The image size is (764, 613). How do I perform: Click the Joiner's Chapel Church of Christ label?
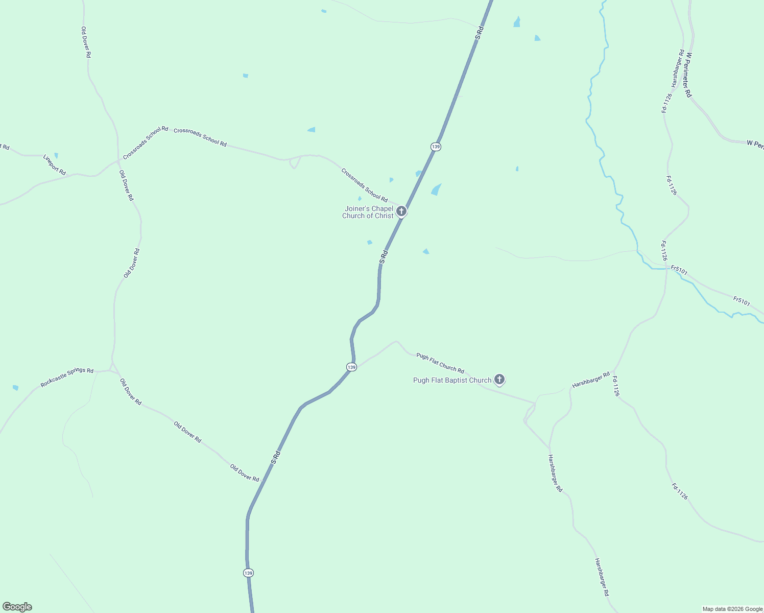[x=368, y=212]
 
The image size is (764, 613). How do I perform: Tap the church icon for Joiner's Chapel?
[x=401, y=211]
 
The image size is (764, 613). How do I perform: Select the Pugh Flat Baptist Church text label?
[x=452, y=380]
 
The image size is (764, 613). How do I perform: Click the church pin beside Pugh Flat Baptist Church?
[x=499, y=380]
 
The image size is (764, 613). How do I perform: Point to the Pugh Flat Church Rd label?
[x=440, y=363]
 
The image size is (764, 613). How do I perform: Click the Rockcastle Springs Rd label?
[x=67, y=378]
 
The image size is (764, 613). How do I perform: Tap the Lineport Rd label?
[x=55, y=164]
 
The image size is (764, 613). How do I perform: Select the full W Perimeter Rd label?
[x=688, y=75]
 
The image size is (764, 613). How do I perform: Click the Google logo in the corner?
[x=17, y=607]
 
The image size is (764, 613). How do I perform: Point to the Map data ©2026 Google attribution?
[x=732, y=609]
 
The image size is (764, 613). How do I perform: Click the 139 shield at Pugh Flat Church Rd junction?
[x=351, y=367]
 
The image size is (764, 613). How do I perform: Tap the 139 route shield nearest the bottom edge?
[x=248, y=573]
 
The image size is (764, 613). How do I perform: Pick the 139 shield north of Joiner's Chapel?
[x=436, y=147]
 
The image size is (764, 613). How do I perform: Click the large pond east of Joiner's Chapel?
[x=436, y=190]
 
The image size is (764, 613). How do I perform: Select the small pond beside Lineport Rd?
[x=56, y=155]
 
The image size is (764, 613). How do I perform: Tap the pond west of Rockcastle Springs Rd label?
[x=15, y=388]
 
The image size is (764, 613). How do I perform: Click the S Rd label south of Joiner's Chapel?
[x=384, y=256]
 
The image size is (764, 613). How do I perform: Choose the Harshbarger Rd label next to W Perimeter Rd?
[x=678, y=68]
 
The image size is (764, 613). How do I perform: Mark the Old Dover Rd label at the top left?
[x=86, y=42]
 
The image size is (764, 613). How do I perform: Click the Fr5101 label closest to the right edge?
[x=742, y=301]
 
